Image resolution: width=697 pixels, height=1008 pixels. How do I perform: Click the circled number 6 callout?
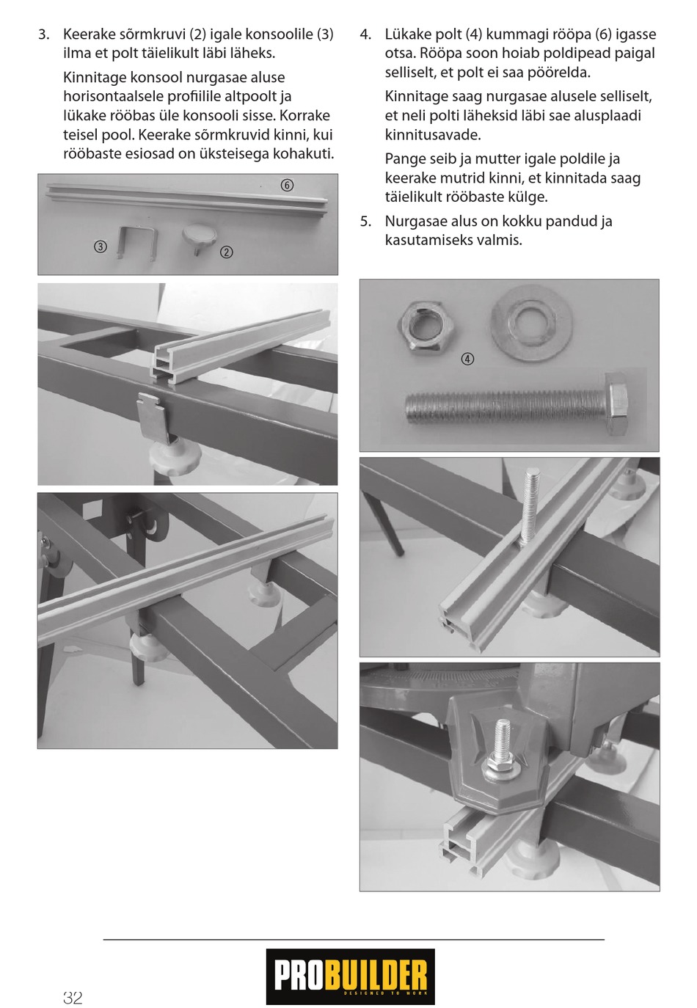tap(287, 185)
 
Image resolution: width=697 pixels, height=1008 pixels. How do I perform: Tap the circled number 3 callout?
tap(100, 246)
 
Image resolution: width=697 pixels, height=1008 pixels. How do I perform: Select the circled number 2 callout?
tap(226, 252)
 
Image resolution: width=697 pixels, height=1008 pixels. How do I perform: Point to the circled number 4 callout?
tap(468, 359)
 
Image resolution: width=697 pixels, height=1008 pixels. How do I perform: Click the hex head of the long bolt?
tap(618, 404)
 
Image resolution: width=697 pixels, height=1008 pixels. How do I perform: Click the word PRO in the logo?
tap(299, 976)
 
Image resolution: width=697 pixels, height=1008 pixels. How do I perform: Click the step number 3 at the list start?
tap(43, 34)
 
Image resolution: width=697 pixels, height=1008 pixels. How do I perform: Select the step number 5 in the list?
tap(365, 222)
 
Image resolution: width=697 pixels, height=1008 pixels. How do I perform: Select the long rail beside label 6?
tap(188, 200)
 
